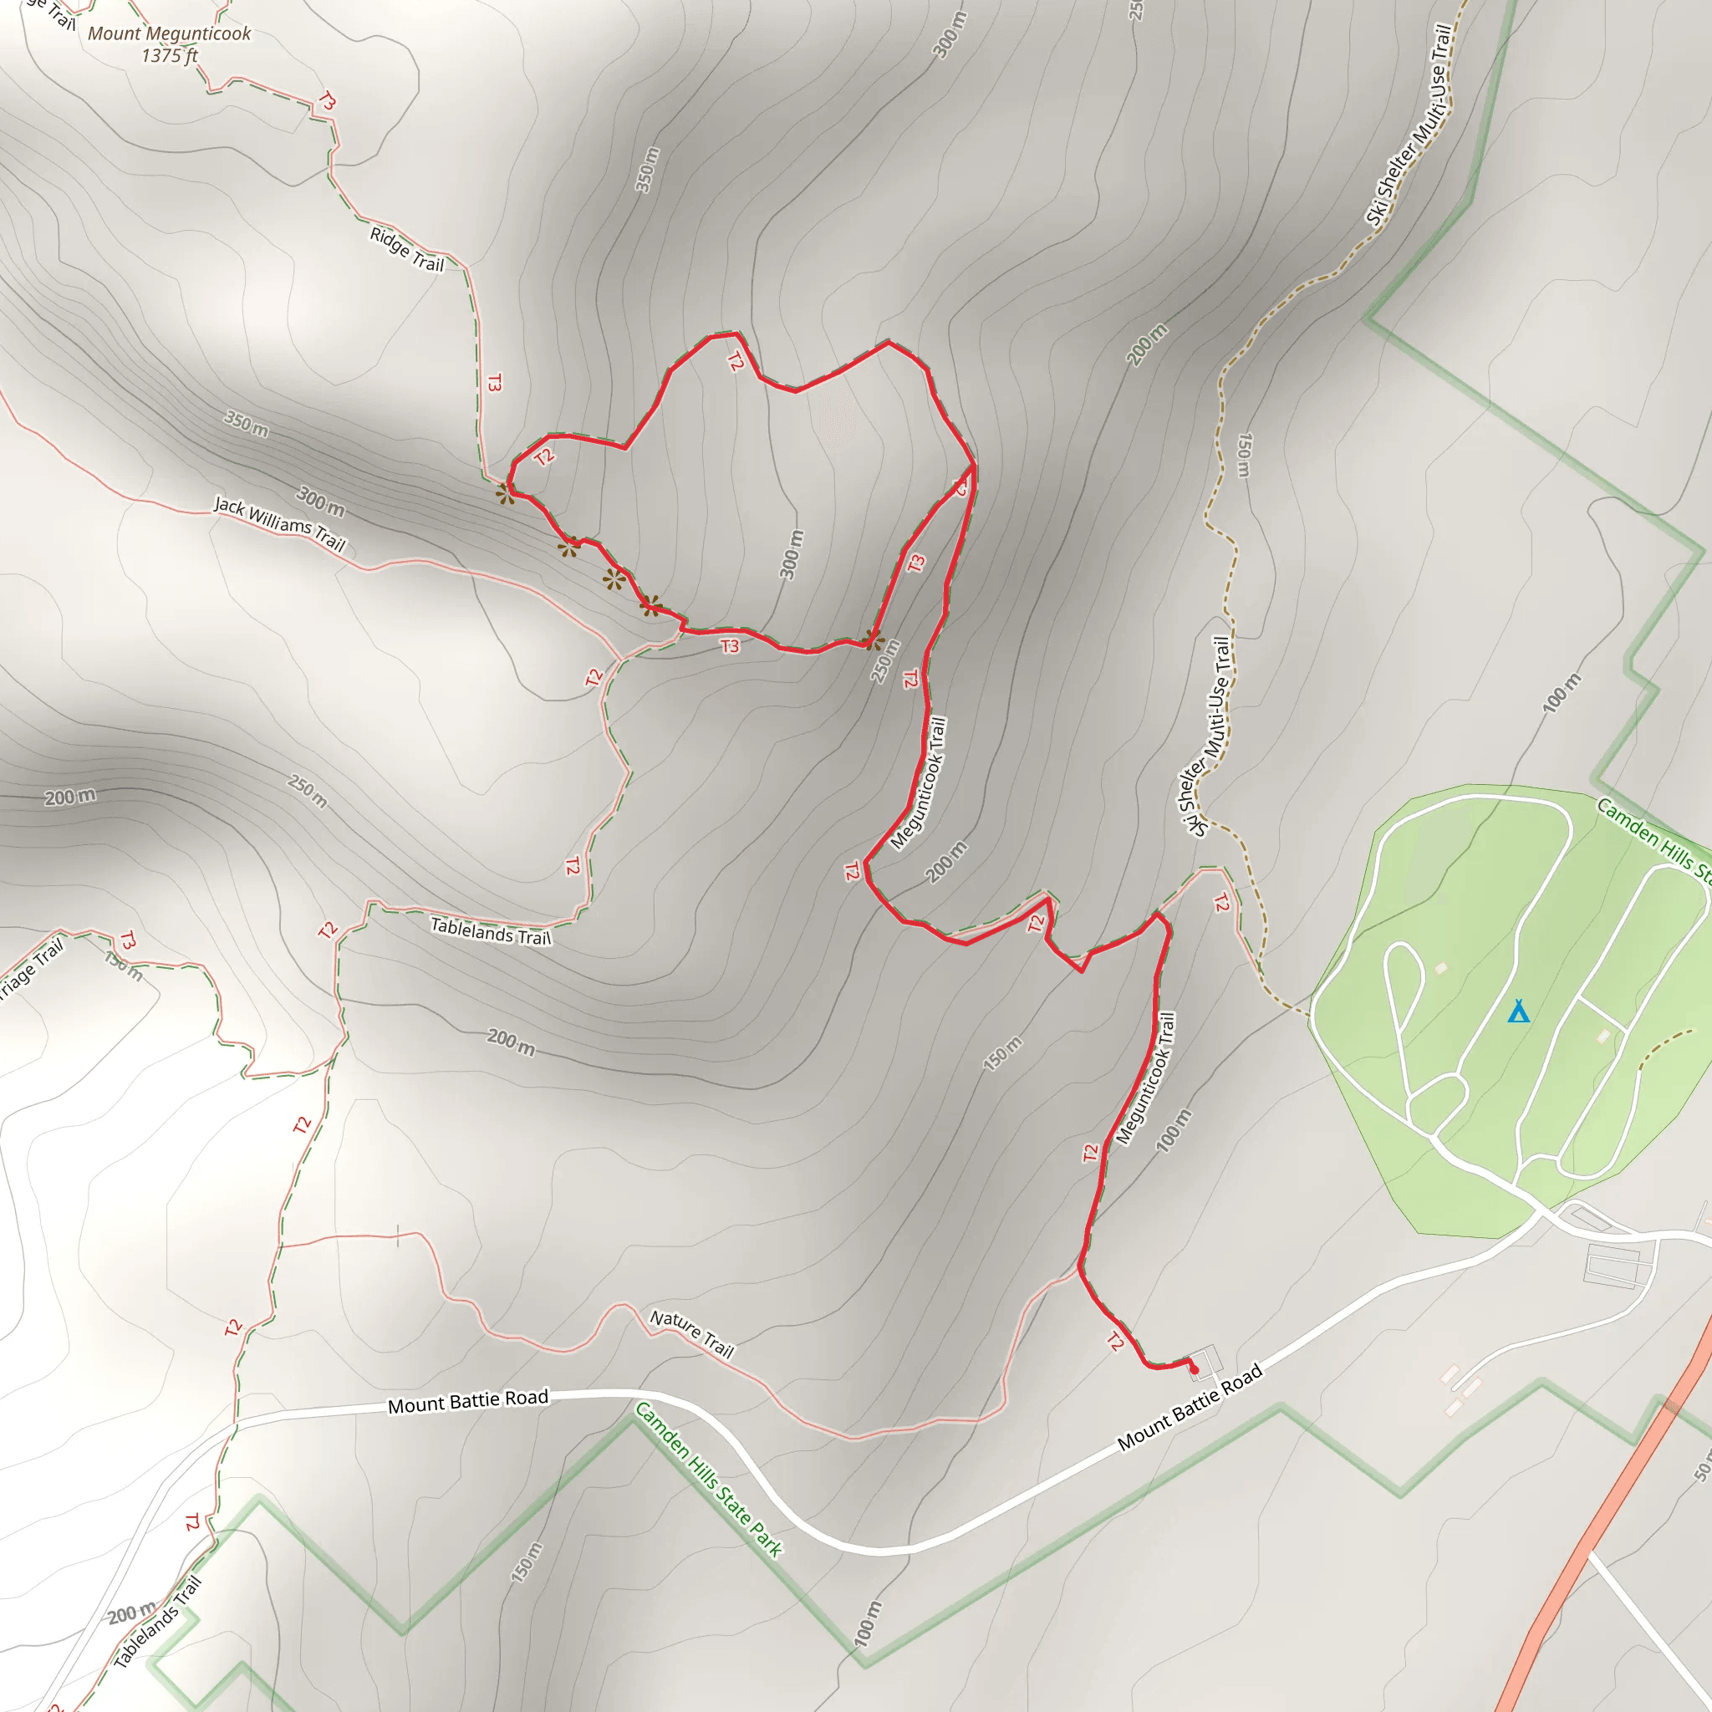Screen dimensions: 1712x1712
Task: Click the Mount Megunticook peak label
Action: (x=169, y=33)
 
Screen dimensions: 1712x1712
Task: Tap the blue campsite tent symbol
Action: (x=1518, y=1011)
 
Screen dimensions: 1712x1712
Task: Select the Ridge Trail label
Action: (x=407, y=249)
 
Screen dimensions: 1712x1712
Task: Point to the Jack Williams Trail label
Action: (x=280, y=522)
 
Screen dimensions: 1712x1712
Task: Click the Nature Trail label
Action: (x=692, y=1333)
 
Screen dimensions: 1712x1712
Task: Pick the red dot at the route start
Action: (x=1194, y=1370)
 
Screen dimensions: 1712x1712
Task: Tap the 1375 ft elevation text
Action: (x=169, y=56)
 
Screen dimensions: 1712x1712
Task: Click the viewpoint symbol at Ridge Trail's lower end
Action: (x=505, y=493)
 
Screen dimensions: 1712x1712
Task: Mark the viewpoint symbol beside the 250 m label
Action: (x=874, y=639)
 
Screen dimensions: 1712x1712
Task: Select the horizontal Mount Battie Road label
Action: (x=468, y=1401)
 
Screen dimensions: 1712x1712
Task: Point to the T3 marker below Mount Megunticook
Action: (x=327, y=102)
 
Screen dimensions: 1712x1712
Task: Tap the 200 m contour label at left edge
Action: (x=71, y=797)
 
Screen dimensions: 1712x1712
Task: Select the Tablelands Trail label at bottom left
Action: (x=158, y=1623)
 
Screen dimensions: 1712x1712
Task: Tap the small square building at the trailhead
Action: (x=1204, y=1358)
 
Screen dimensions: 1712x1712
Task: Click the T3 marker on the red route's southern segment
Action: (x=730, y=646)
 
